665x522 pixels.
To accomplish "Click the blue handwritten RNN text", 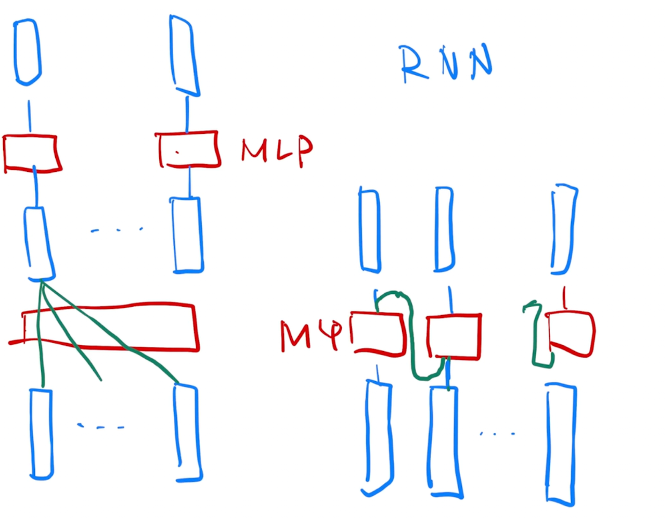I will click(446, 63).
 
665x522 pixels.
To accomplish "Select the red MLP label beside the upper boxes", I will click(276, 150).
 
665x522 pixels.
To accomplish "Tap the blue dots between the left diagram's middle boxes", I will click(116, 230).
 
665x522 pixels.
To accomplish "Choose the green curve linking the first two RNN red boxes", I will click(412, 333).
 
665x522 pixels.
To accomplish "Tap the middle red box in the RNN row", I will click(454, 336).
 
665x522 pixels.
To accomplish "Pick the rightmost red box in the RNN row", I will click(571, 333).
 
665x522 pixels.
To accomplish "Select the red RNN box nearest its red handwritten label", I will click(378, 334).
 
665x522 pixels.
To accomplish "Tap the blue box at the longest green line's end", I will click(187, 432).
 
